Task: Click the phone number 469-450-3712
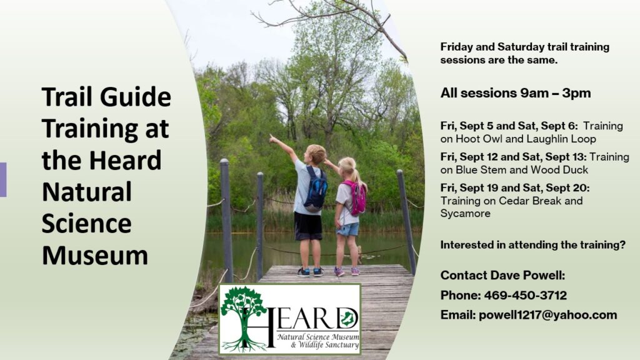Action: (x=525, y=295)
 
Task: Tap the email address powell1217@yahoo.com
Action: (x=547, y=315)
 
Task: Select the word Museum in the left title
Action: (x=95, y=256)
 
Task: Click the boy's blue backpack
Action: (x=316, y=189)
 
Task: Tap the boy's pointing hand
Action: (x=272, y=139)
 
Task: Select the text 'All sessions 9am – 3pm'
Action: (x=516, y=93)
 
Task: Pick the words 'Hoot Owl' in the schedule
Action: (x=473, y=139)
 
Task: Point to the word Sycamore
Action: (x=465, y=214)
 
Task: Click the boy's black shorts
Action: (x=308, y=226)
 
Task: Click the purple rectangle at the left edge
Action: (x=3, y=179)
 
